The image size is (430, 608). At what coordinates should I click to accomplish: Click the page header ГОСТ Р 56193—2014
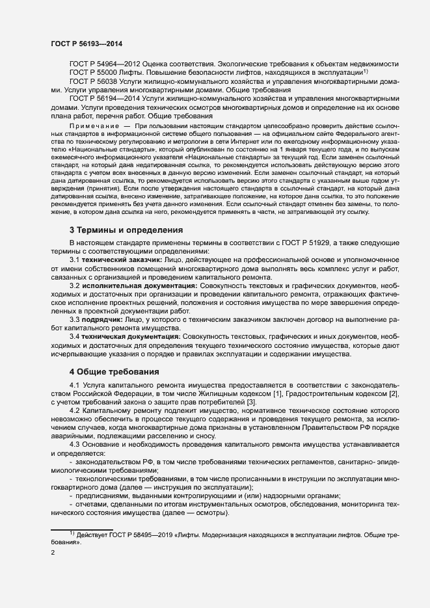pos(86,44)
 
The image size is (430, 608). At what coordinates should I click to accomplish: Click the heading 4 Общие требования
pos(114,372)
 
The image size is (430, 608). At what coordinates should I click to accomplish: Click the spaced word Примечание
pos(94,125)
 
